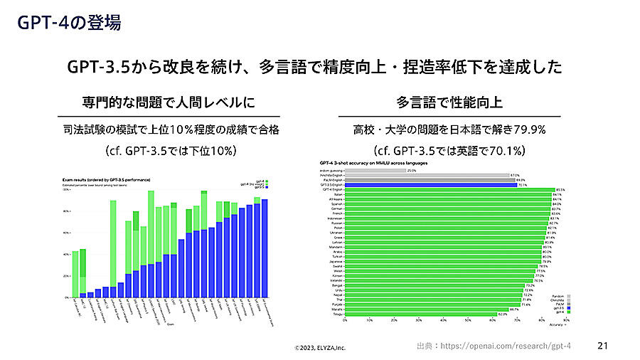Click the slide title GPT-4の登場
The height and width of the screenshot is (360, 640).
click(69, 23)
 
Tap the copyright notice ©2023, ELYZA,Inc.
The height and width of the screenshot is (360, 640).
click(321, 348)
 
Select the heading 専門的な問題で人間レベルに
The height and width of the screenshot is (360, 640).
click(169, 102)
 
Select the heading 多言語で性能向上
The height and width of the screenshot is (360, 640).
click(449, 102)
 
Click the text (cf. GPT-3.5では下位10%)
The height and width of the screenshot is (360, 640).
click(169, 151)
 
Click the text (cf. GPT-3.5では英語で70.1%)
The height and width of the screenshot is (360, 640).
click(449, 151)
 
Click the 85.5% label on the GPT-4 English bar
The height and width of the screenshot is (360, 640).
click(560, 190)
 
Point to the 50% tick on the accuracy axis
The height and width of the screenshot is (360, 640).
click(468, 321)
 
